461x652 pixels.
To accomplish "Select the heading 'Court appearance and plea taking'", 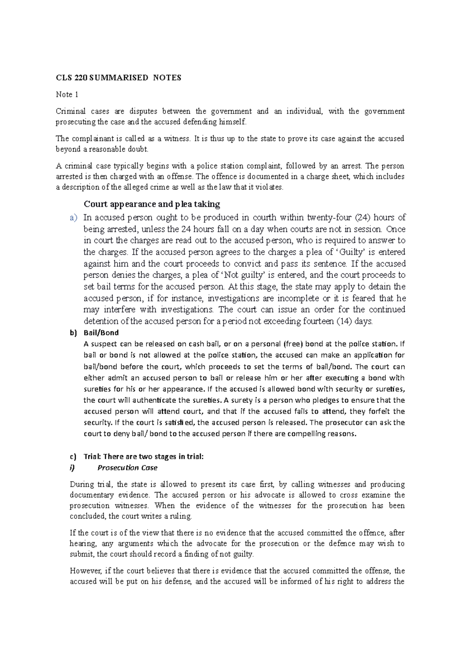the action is [152, 204].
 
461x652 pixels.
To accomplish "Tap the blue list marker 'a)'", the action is [73, 218].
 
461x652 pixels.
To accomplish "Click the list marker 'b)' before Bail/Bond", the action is [73, 333].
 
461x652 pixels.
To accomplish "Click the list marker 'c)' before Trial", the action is [73, 457].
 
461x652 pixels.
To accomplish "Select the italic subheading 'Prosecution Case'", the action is [127, 468].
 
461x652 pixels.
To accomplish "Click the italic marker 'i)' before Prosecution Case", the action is [73, 468].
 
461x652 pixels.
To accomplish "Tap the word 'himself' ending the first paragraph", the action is [230, 122].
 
